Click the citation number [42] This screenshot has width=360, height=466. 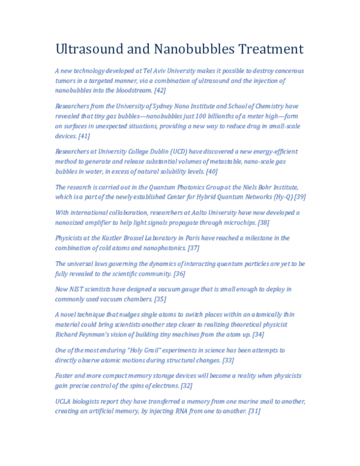pos(160,90)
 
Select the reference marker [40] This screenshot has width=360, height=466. pos(212,171)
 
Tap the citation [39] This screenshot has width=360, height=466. pos(301,196)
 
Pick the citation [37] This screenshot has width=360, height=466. pos(193,247)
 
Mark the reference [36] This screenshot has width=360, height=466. pos(179,273)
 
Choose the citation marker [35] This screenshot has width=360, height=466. pos(160,298)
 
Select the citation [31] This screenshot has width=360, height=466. pos(254,411)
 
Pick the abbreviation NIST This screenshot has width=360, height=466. pos(79,289)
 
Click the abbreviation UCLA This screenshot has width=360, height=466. pos(63,401)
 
